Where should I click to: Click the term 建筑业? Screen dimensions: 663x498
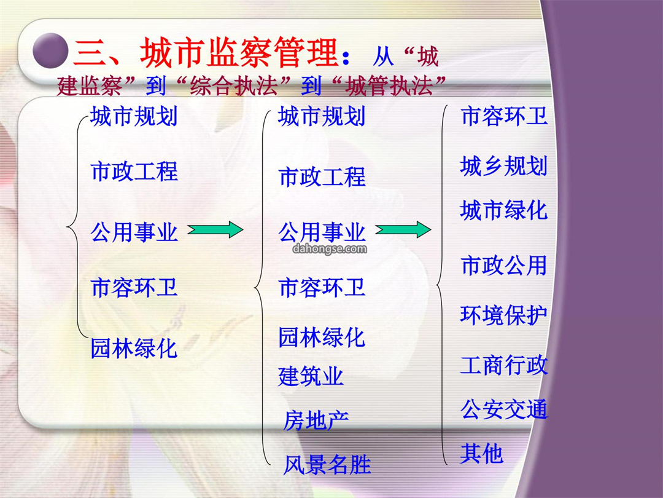[311, 376]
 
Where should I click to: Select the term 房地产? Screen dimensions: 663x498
[316, 420]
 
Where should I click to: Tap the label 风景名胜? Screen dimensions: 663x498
[327, 465]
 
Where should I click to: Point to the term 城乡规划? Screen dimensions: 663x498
[503, 165]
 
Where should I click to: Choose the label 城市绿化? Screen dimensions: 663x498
[503, 210]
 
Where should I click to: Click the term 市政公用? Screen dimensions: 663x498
[503, 266]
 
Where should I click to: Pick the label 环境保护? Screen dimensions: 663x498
[503, 315]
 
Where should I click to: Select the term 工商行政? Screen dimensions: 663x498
[503, 365]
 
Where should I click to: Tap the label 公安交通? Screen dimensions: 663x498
[503, 409]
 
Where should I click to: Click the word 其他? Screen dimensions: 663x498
[482, 454]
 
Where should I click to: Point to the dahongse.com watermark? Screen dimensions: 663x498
[330, 248]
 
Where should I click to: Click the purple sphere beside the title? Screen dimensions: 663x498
[50, 50]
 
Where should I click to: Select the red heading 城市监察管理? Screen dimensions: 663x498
[239, 52]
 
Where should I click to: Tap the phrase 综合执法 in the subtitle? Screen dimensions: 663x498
[234, 85]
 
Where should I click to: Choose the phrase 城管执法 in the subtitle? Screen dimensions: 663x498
[389, 85]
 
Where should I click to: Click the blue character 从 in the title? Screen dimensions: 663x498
[384, 57]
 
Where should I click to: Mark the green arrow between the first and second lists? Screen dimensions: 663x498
[215, 229]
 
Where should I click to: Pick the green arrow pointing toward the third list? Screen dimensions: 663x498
[403, 229]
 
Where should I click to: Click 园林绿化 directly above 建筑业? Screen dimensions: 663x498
[322, 338]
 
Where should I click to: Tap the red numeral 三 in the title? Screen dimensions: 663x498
[90, 52]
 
